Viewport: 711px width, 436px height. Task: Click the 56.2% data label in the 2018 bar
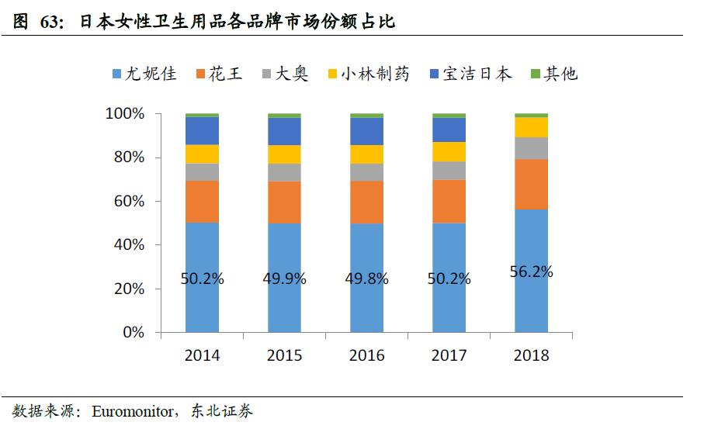coord(531,272)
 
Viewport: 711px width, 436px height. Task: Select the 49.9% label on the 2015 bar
coord(284,279)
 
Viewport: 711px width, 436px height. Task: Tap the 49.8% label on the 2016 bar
coord(366,279)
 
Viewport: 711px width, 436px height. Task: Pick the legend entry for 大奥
coord(283,74)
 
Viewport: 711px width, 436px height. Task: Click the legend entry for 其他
coord(553,74)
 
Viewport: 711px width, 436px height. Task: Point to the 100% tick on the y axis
coord(124,114)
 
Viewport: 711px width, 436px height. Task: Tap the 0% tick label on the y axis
coord(133,333)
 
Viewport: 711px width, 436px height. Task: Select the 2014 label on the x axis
coord(202,355)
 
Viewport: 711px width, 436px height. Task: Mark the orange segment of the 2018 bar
coord(531,184)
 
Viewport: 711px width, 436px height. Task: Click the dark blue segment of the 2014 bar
coord(202,130)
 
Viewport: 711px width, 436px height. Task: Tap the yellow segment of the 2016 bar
coord(366,154)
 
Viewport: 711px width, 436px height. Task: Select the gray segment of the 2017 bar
coord(449,171)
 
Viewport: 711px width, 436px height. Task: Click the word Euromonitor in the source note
coord(134,411)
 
